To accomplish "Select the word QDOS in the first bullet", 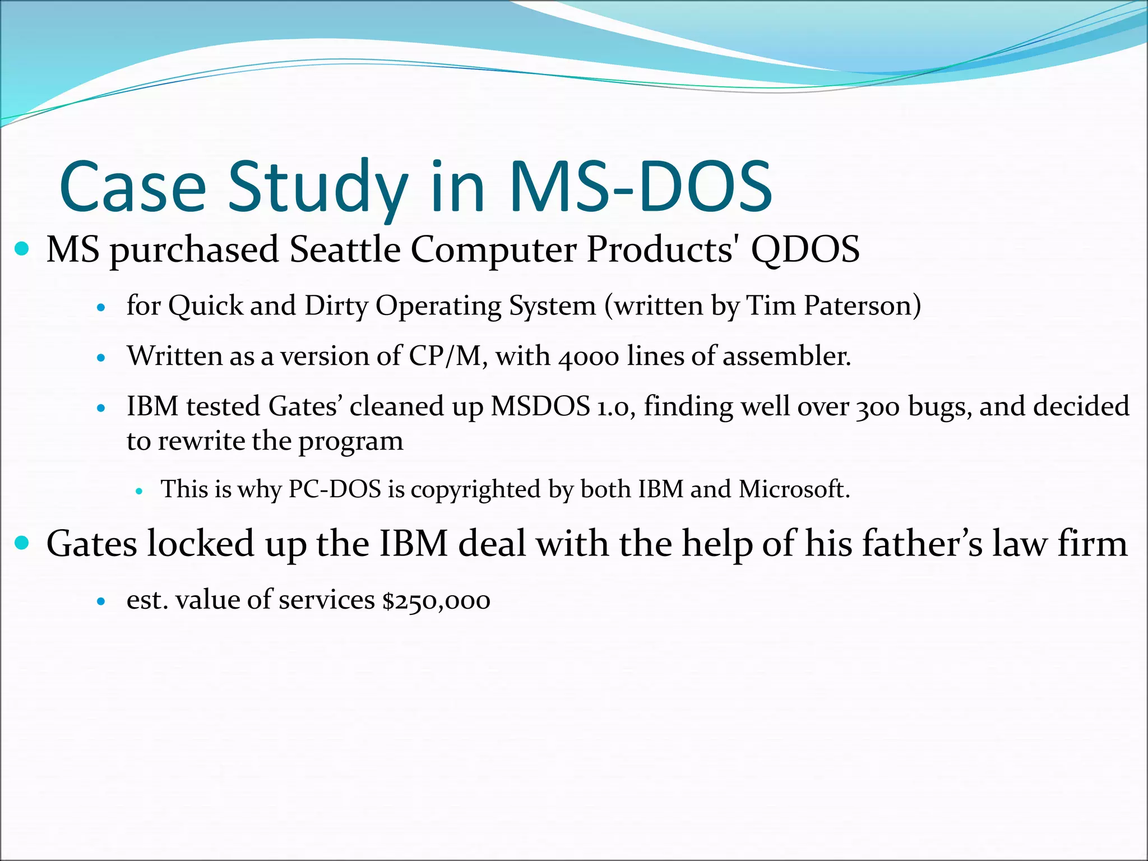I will tap(805, 249).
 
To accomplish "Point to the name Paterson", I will tap(862, 306).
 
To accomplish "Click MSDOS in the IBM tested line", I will tap(540, 407).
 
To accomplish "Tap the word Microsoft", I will tap(794, 489).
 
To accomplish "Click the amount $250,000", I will tap(436, 600).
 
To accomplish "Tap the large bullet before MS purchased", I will tap(22, 248).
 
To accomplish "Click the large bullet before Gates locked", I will tap(22, 543).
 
